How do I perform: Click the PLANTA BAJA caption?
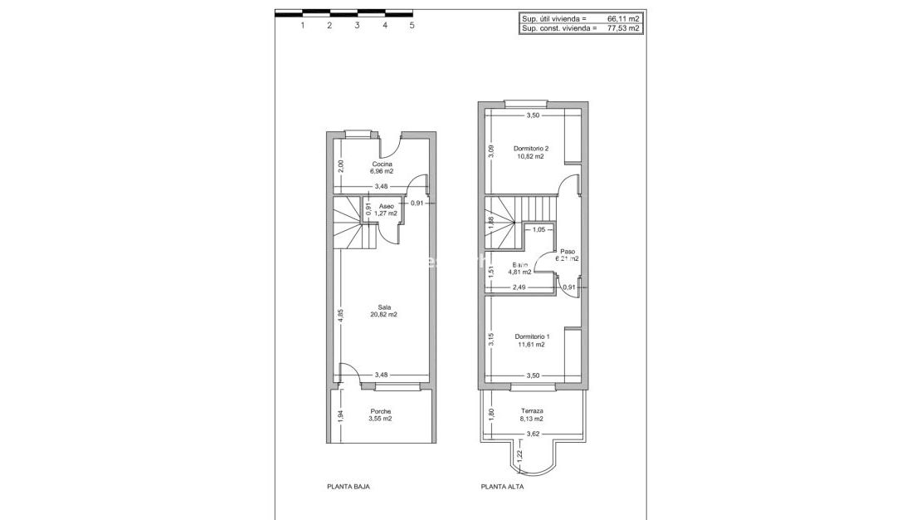[x=348, y=488]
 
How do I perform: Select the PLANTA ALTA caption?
[x=502, y=488]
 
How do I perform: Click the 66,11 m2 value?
[x=623, y=17]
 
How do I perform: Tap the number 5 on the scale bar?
[x=412, y=25]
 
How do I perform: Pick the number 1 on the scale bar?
[x=302, y=25]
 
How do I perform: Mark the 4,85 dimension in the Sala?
[x=341, y=316]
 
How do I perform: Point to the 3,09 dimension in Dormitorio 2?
[x=491, y=150]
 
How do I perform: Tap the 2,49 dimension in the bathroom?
[x=519, y=287]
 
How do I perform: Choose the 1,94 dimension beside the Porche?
[x=341, y=416]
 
